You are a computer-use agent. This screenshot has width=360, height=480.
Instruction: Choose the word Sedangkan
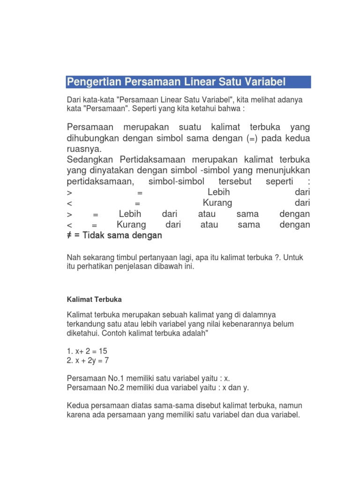point(90,160)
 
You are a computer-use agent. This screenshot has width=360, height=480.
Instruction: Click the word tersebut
point(235,181)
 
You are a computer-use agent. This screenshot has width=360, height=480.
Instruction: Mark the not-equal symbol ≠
point(70,235)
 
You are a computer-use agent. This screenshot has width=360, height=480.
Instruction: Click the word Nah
point(74,257)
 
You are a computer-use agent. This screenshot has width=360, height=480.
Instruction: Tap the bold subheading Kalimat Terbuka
point(94,299)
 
